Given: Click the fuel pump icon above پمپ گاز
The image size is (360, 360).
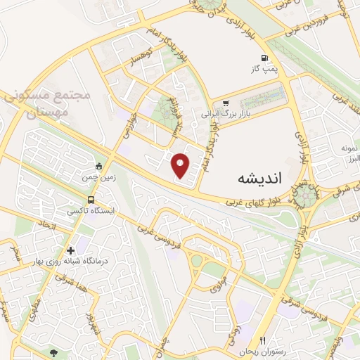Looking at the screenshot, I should [x=264, y=58].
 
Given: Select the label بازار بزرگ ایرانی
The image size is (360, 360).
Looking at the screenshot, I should [x=226, y=113].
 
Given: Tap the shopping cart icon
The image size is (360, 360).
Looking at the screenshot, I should [x=226, y=103].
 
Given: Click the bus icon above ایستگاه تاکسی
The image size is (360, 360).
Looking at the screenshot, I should [x=91, y=200].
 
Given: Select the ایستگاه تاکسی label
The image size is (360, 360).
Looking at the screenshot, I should [x=91, y=210].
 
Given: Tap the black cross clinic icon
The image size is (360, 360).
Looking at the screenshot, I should [x=70, y=250].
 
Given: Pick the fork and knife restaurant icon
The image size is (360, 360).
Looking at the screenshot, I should [x=263, y=340].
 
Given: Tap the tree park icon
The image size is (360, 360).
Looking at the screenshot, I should [x=54, y=351].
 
